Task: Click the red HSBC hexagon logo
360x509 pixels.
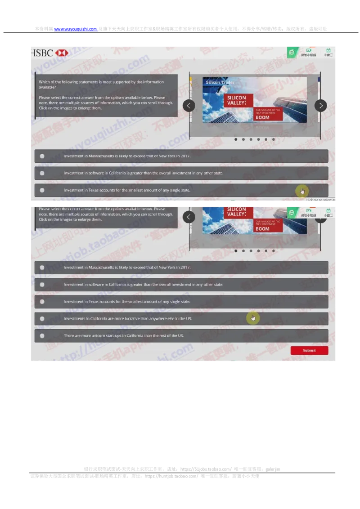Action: [62, 53]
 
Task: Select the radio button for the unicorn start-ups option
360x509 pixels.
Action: [42, 335]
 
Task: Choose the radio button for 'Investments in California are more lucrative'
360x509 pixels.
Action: [42, 318]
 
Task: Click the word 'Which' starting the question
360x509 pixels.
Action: [44, 82]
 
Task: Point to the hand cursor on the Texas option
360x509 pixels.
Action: [301, 191]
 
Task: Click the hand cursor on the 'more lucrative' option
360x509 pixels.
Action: [253, 318]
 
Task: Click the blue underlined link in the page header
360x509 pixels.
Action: [76, 29]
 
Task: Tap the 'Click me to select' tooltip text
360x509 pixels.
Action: [320, 200]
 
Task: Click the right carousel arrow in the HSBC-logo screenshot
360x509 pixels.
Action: [320, 106]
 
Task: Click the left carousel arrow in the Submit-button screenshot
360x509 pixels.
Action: [189, 217]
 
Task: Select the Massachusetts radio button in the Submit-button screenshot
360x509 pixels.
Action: [42, 267]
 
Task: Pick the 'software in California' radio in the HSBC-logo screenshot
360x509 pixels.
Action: [42, 173]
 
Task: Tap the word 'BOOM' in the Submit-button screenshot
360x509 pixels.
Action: [262, 229]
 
